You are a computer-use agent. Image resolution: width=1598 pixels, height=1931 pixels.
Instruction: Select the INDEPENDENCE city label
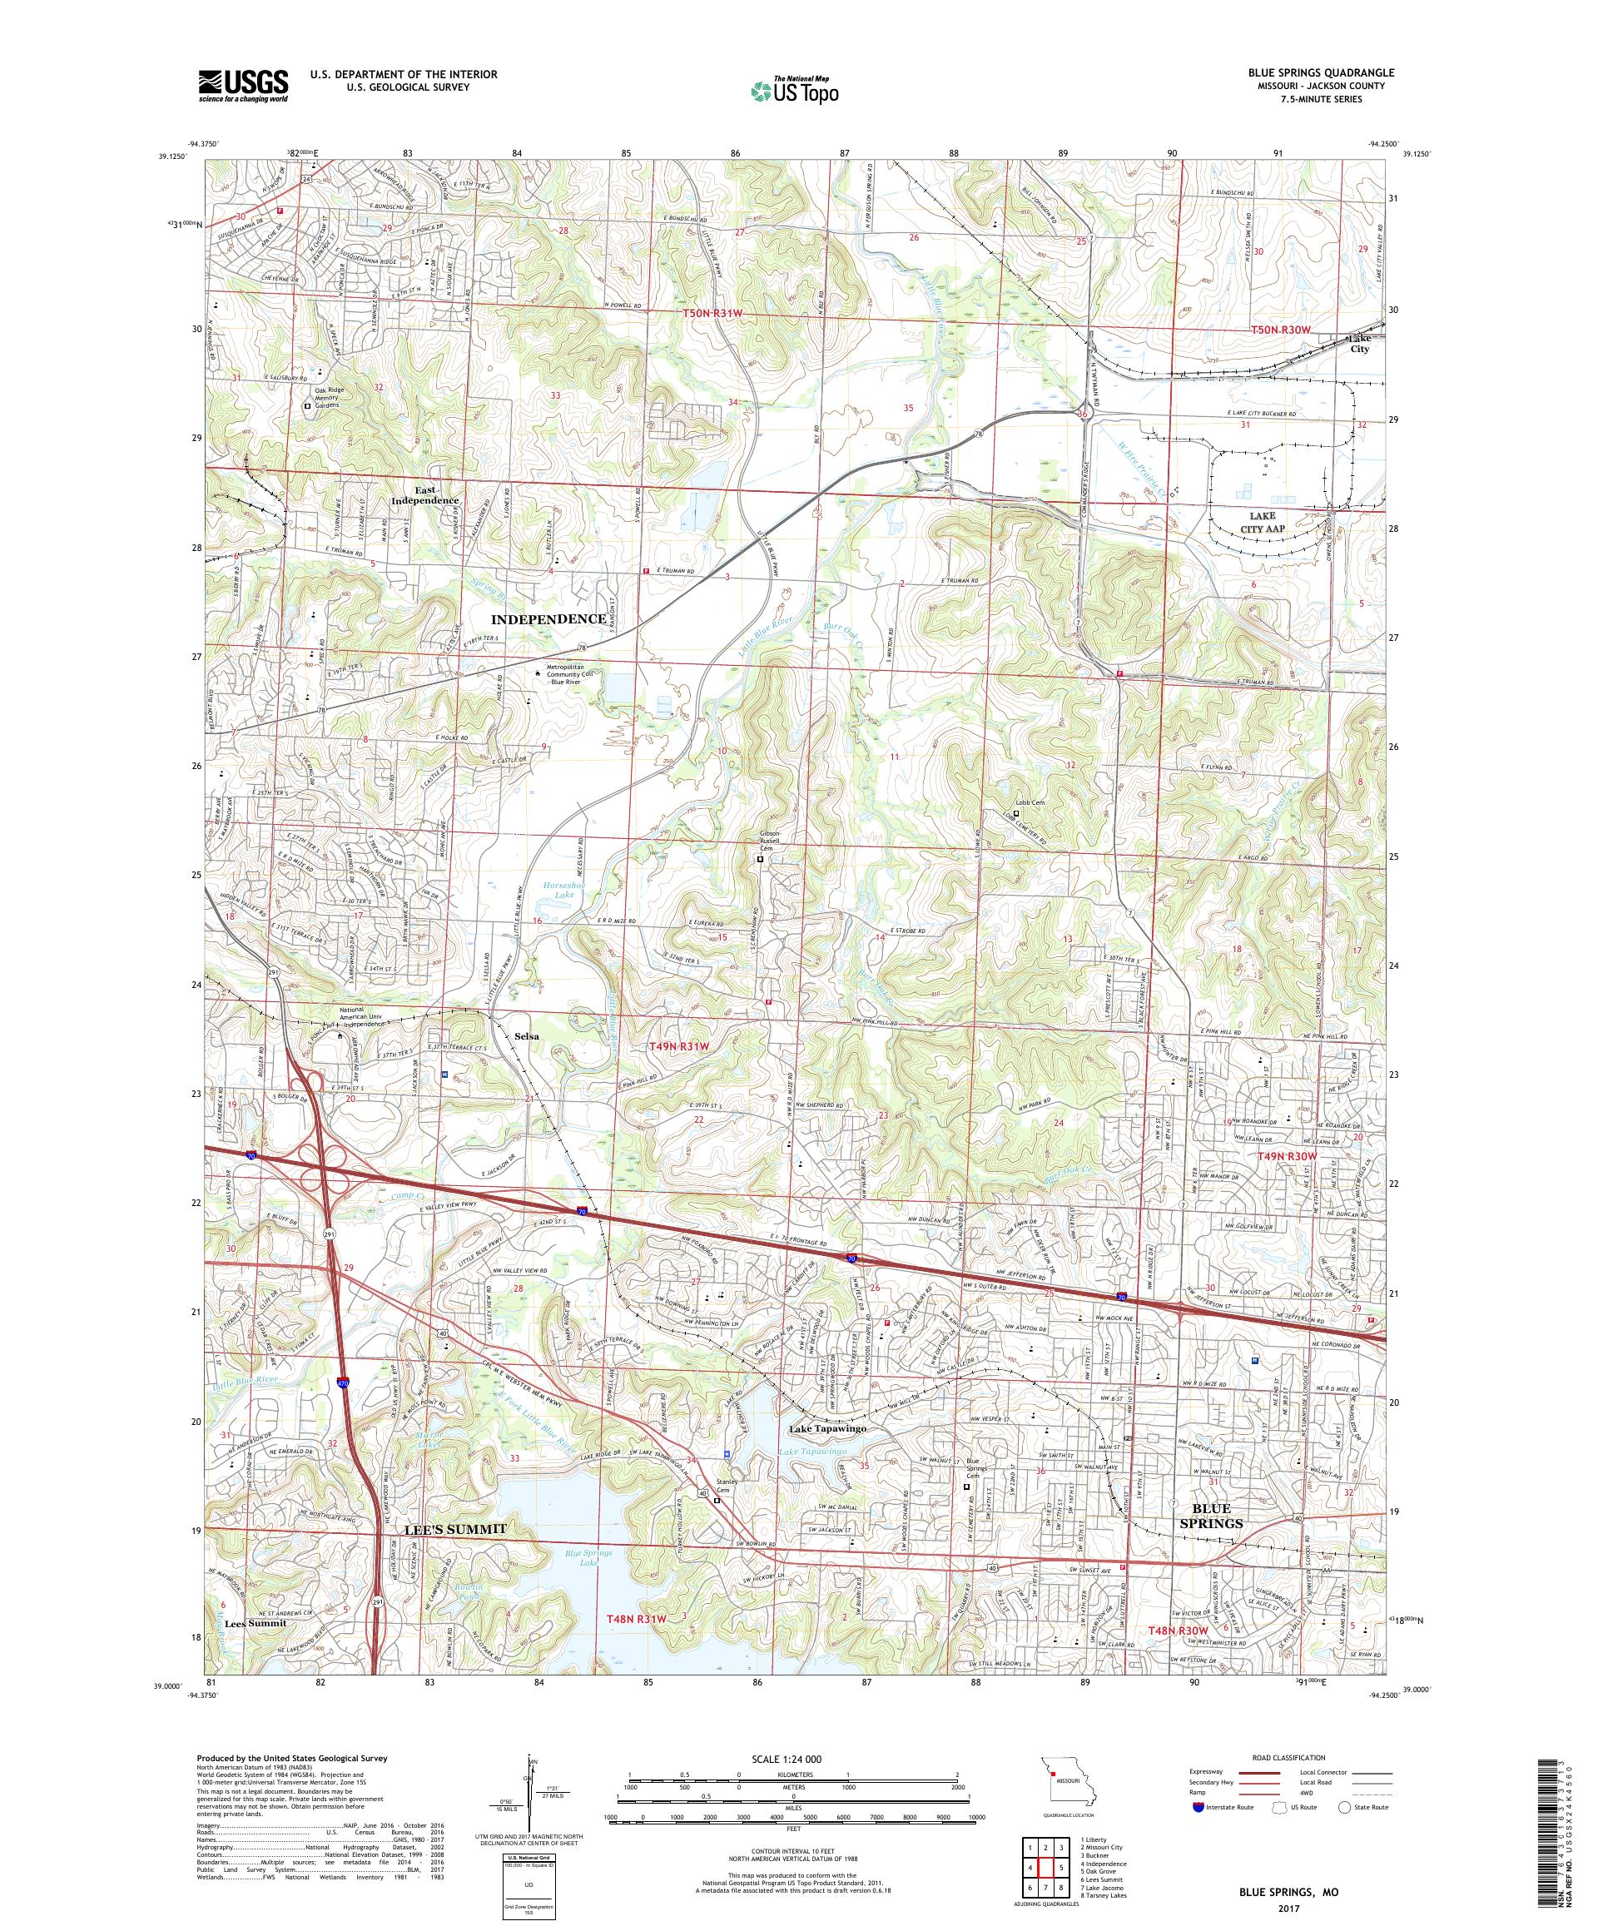549,619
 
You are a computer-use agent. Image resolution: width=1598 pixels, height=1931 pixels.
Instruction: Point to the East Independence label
424,494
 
